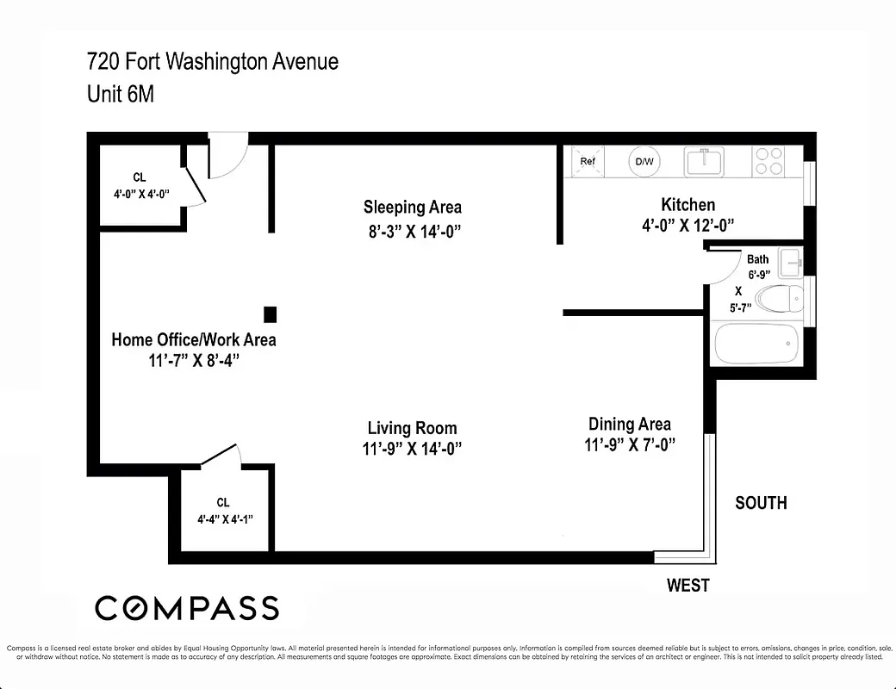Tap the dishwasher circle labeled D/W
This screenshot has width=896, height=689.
tap(644, 161)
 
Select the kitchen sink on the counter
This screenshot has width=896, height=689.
tap(705, 161)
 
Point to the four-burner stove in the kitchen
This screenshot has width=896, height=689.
tap(769, 161)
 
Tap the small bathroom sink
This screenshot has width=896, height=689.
tap(790, 259)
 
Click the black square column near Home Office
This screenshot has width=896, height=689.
tap(270, 314)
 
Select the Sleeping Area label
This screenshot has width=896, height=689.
tap(412, 207)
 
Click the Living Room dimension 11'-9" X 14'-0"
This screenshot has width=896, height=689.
tap(412, 448)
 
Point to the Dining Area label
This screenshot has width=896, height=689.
tap(629, 424)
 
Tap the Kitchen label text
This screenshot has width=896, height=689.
tap(688, 205)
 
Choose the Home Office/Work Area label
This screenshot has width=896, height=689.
tap(194, 339)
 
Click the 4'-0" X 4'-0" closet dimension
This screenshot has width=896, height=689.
tap(140, 194)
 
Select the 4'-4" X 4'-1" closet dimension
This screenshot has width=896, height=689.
tap(223, 518)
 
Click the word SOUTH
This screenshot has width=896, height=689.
tap(760, 503)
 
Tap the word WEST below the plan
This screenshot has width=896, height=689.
tap(688, 586)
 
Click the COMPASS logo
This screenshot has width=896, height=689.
tap(187, 608)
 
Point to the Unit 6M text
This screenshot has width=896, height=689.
tap(121, 94)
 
